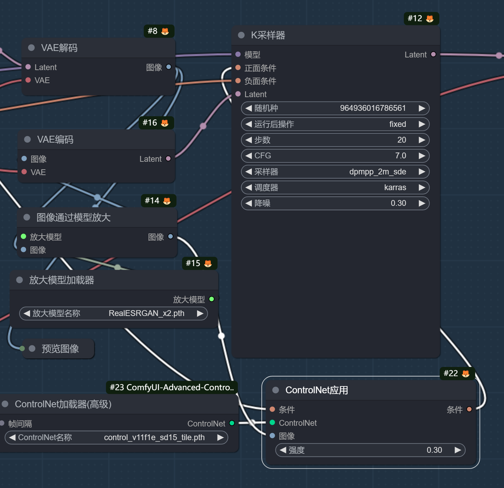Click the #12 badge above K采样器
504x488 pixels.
pos(422,19)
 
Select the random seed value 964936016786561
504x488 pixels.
pos(373,108)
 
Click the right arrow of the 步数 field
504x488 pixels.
pos(422,140)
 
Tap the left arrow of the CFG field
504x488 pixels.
pos(249,156)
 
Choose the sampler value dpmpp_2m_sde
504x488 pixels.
pos(378,172)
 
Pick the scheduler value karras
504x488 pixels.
pos(395,187)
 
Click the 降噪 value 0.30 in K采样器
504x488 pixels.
pos(398,203)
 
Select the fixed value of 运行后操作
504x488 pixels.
pos(398,124)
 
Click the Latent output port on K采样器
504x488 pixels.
pos(433,54)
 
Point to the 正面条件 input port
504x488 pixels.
pos(238,68)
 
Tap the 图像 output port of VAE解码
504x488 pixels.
pos(169,67)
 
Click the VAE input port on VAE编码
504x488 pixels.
pos(24,172)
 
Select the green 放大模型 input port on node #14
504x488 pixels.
pos(23,236)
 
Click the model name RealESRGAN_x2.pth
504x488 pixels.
pos(146,313)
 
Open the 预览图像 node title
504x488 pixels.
pos(60,349)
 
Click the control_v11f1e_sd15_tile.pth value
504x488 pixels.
pos(154,437)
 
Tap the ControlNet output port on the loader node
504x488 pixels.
pos(232,423)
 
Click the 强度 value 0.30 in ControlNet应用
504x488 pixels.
pos(434,450)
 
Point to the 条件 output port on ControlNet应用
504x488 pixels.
pos(469,409)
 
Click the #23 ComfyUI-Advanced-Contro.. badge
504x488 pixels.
pos(172,387)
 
